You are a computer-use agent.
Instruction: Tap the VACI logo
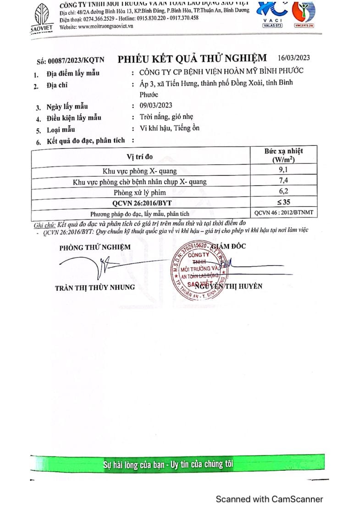click(x=272, y=14)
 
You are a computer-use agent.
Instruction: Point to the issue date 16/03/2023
click(x=294, y=58)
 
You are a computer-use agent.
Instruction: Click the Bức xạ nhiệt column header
click(x=283, y=155)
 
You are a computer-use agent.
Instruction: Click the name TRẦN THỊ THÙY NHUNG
click(x=95, y=287)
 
